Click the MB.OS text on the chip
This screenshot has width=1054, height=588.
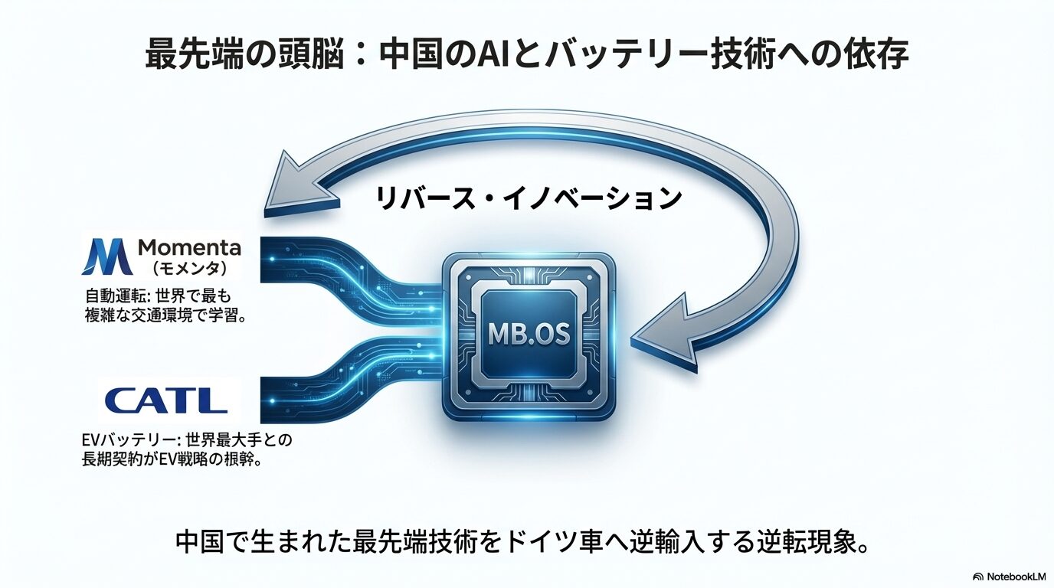click(x=528, y=335)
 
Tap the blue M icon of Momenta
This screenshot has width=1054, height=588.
click(x=105, y=256)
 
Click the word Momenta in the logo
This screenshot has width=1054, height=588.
click(x=189, y=247)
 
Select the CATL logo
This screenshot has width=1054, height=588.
click(x=166, y=400)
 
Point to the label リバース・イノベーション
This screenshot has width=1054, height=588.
click(x=529, y=198)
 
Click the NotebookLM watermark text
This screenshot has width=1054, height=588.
click(x=1013, y=576)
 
